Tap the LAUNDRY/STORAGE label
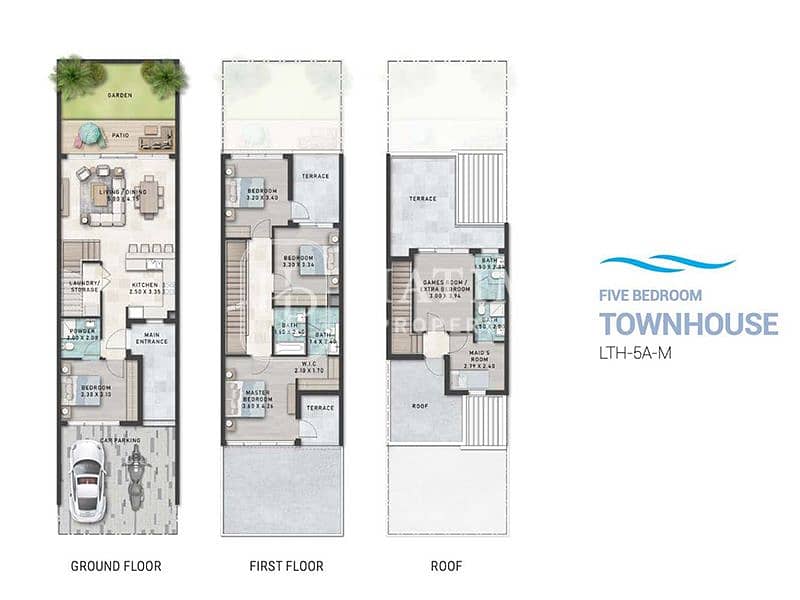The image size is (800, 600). [x=83, y=286]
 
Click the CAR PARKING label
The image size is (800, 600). [x=119, y=439]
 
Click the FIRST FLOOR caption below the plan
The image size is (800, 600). [x=286, y=566]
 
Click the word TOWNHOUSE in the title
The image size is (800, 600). [x=688, y=324]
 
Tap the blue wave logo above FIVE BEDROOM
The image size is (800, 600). [x=666, y=262]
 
